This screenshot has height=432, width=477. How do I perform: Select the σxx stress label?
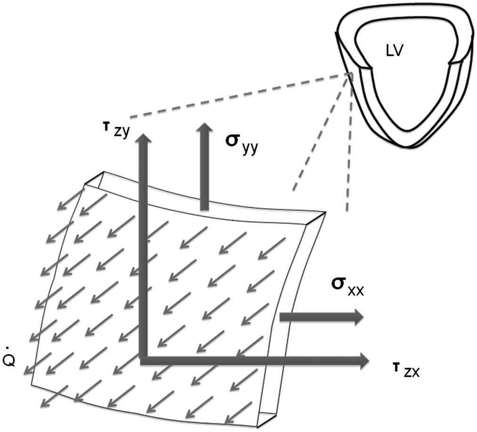(x=348, y=286)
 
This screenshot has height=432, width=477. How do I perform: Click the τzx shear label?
(x=406, y=370)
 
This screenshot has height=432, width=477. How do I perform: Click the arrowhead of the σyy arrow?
(x=204, y=128)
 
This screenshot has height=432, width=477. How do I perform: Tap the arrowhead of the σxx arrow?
(x=359, y=317)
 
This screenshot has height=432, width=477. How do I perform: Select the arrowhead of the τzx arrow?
(x=364, y=361)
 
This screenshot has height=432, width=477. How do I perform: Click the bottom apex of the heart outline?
(x=409, y=147)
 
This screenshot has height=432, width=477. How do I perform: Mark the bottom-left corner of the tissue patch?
(x=32, y=384)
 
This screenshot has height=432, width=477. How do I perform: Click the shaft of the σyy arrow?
(x=204, y=171)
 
